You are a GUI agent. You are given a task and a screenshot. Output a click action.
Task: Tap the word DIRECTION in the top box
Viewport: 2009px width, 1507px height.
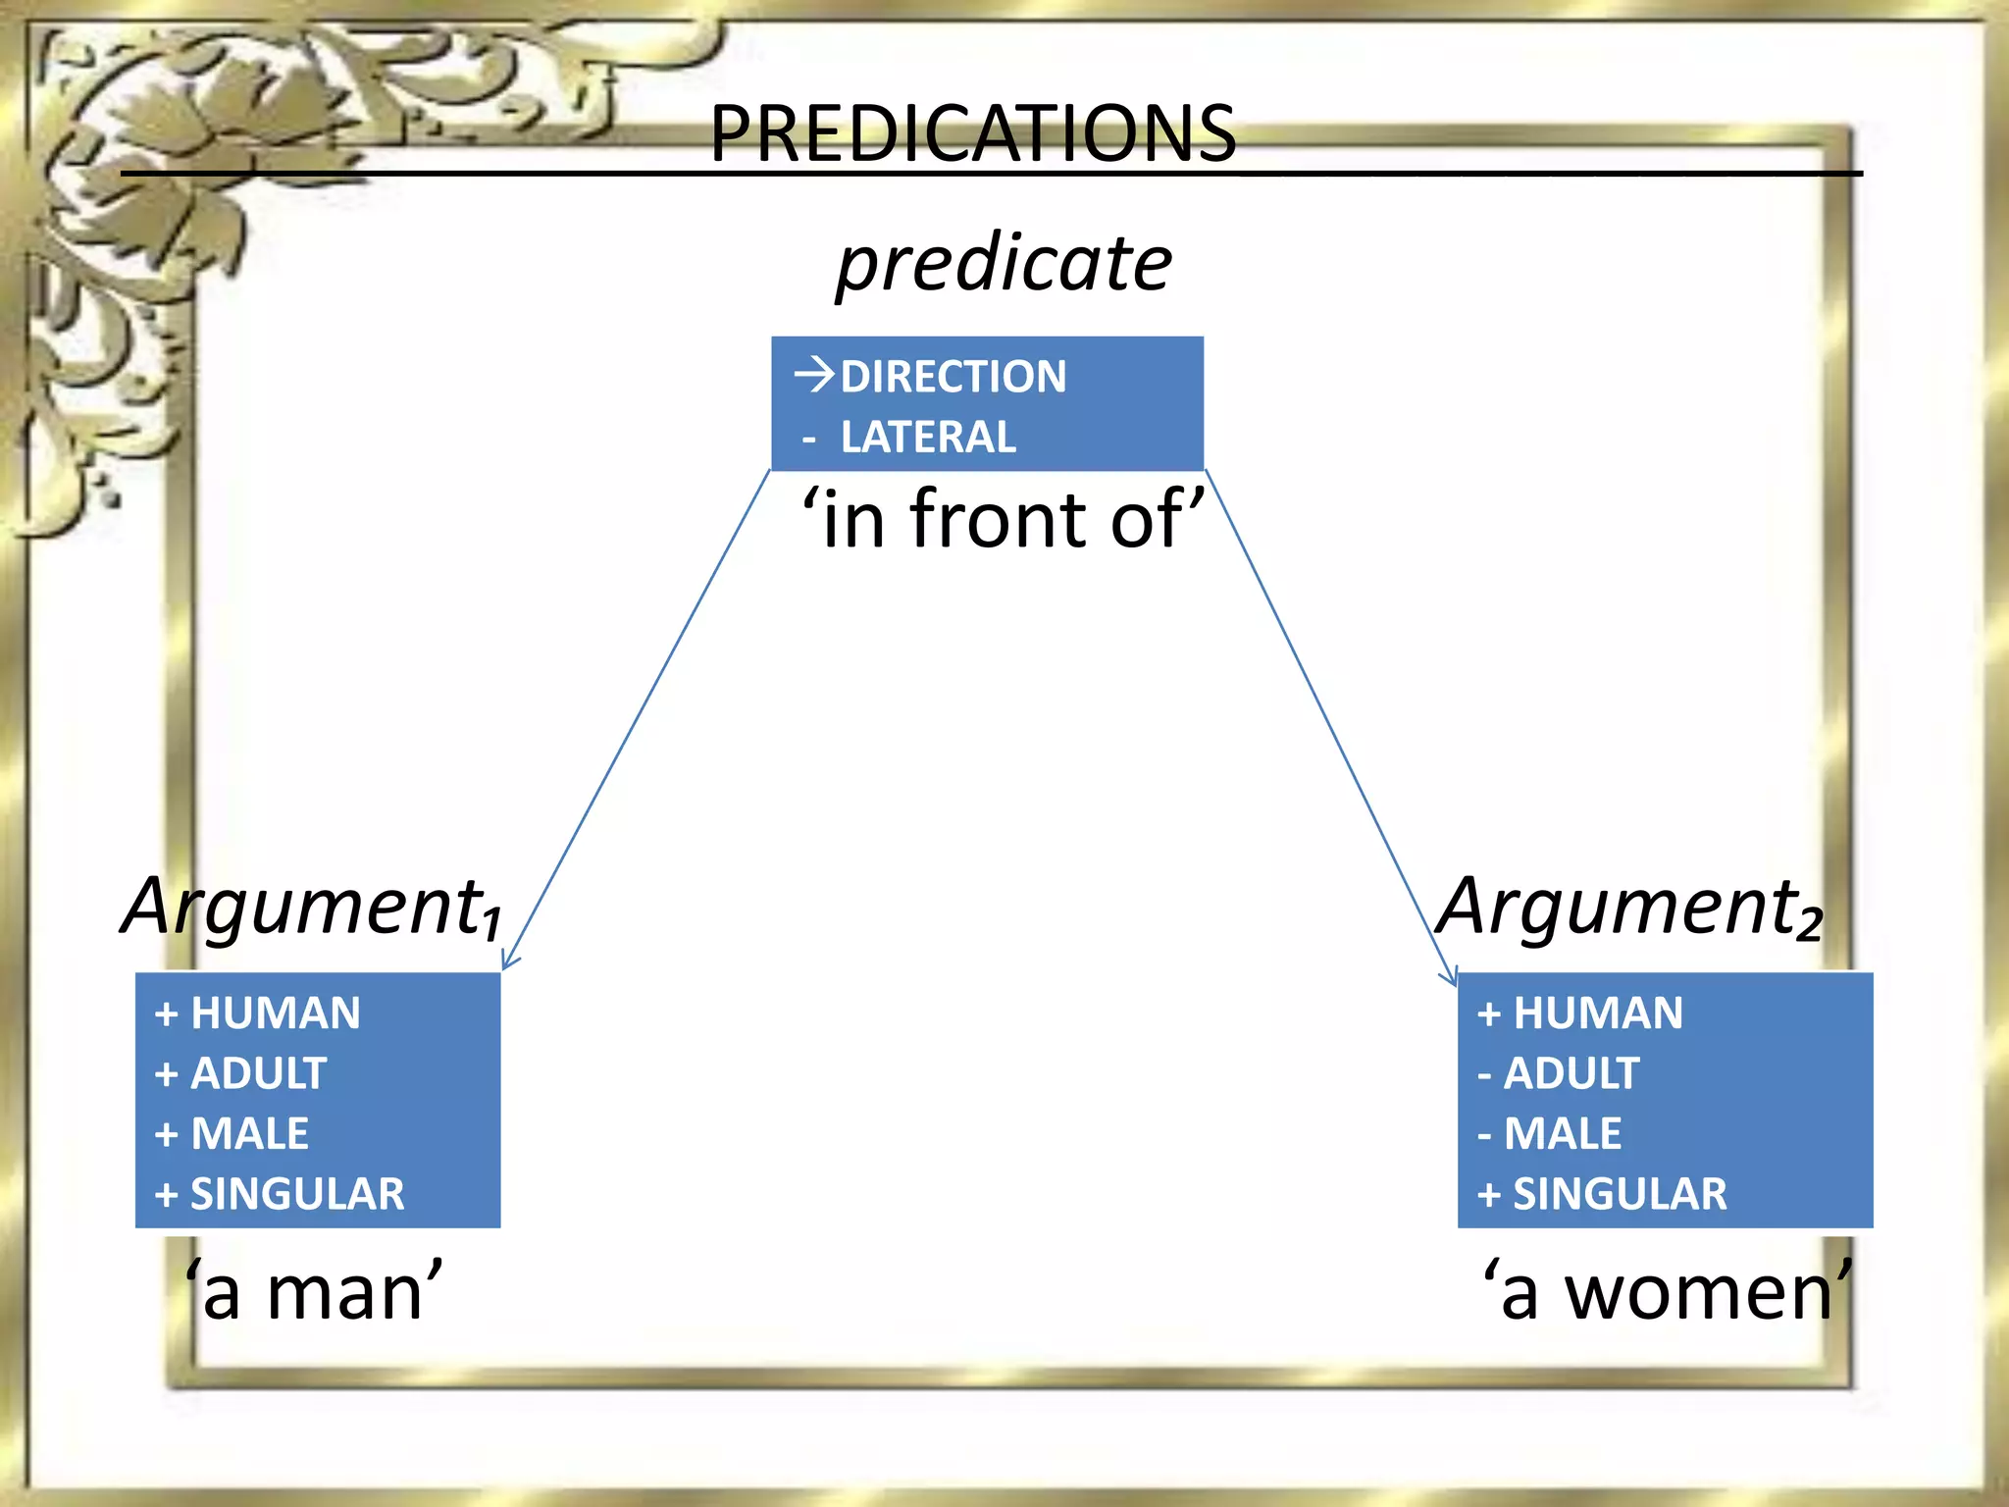click(953, 377)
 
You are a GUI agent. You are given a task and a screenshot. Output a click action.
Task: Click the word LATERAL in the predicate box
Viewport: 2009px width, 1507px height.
click(928, 438)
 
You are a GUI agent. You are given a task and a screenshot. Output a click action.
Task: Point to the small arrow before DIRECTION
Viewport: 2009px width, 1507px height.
click(814, 375)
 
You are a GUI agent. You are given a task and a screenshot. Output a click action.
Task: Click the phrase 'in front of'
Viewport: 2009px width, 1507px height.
click(1003, 519)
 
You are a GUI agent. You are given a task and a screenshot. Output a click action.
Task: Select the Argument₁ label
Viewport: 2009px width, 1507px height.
click(312, 907)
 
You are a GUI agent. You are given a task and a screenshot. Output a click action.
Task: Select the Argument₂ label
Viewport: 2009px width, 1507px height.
click(1629, 907)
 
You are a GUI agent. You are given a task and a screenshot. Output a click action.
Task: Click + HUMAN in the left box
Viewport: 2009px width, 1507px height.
click(258, 1013)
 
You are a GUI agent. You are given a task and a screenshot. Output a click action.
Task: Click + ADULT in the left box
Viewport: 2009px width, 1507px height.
click(241, 1073)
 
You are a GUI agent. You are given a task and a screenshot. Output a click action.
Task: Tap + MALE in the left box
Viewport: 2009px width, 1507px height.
click(232, 1134)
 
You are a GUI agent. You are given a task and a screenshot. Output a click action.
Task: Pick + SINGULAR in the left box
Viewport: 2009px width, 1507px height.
click(280, 1194)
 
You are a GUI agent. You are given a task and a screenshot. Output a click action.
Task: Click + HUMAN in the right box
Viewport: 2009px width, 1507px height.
click(1580, 1013)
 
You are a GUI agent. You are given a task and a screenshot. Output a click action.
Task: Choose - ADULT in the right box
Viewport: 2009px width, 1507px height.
click(1559, 1073)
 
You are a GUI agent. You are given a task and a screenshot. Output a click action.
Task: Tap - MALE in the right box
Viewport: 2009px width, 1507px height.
click(1550, 1134)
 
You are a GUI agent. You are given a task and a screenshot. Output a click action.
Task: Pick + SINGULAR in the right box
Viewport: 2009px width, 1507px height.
click(1602, 1194)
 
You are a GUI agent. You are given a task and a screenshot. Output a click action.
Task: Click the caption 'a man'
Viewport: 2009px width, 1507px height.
click(314, 1292)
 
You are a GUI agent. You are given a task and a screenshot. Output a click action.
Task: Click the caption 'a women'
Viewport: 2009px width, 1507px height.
click(1667, 1292)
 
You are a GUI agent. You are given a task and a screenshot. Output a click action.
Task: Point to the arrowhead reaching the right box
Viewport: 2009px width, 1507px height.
click(1451, 978)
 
